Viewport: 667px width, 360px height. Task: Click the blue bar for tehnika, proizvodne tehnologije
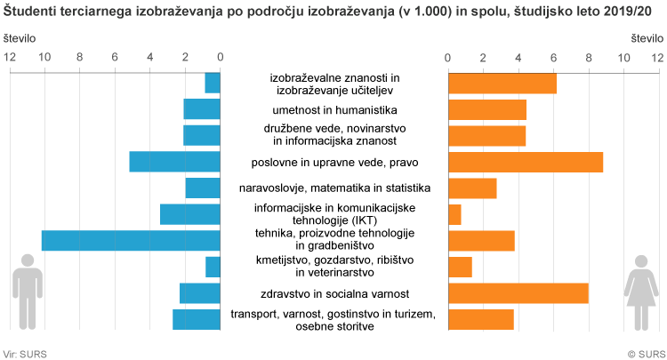point(131,240)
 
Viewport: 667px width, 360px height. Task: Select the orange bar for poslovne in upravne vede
point(526,162)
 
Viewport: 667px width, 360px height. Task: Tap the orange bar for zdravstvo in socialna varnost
point(518,293)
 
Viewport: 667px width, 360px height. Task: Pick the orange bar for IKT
point(454,214)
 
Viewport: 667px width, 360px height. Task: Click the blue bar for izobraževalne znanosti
point(213,83)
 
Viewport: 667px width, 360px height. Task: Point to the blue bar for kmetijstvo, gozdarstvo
point(213,267)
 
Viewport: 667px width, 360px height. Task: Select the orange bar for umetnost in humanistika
point(487,109)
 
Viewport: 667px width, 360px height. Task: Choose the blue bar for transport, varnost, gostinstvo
point(197,319)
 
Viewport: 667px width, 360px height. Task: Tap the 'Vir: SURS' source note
point(26,353)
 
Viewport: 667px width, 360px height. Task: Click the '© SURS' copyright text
point(645,353)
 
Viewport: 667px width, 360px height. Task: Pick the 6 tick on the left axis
point(115,56)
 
